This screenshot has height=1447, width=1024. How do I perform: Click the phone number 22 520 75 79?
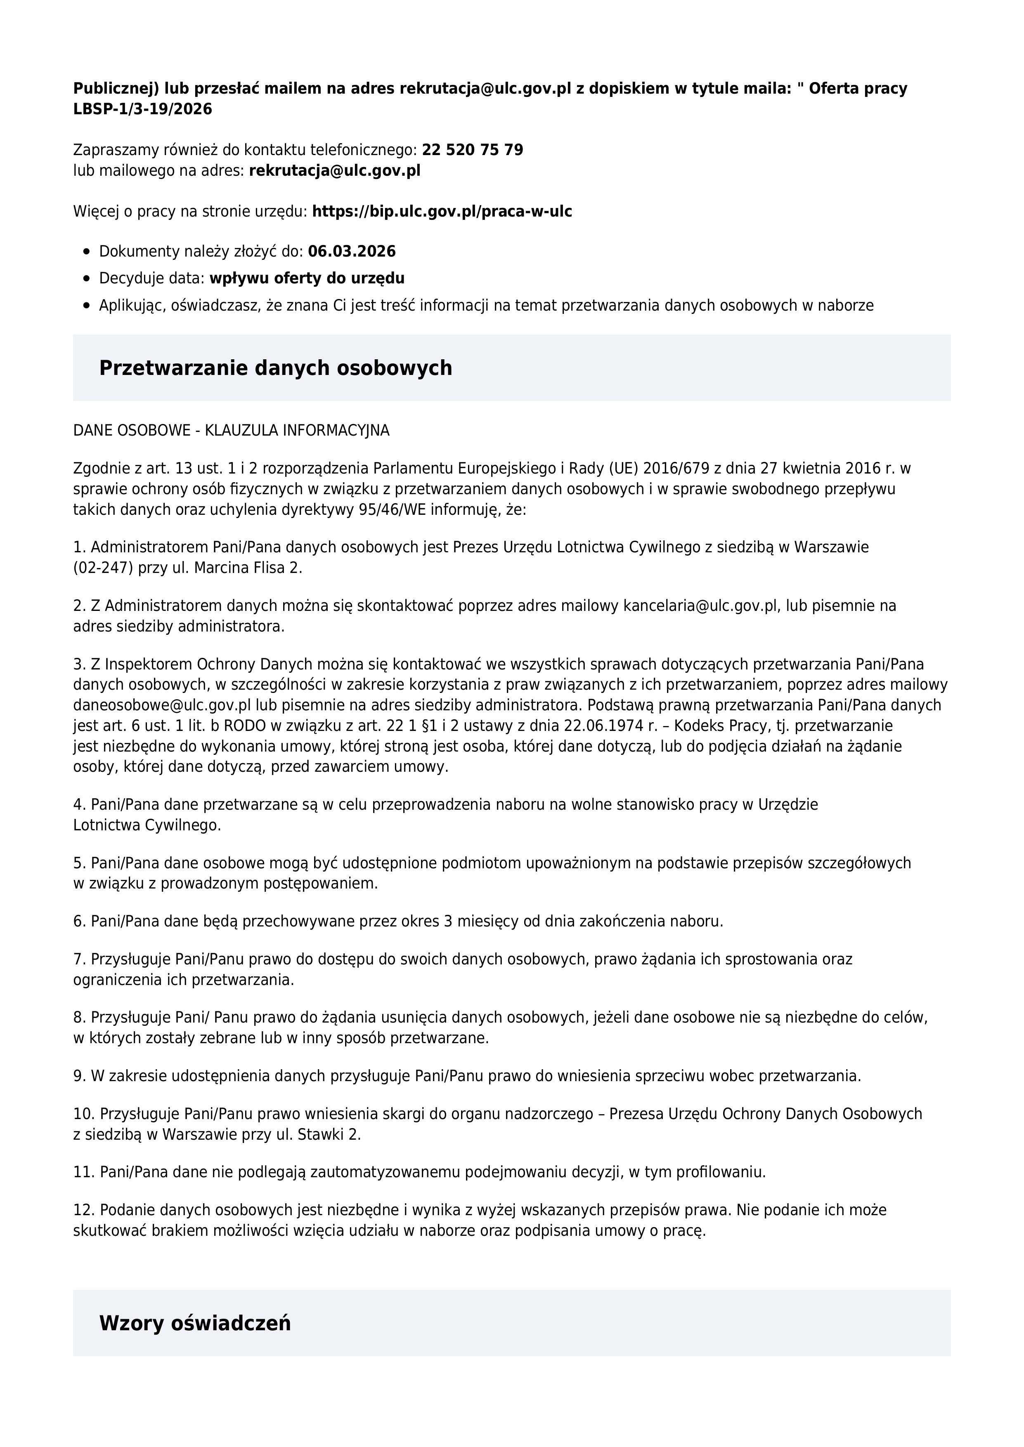click(x=472, y=150)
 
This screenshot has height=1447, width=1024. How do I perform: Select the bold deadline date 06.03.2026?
click(x=352, y=252)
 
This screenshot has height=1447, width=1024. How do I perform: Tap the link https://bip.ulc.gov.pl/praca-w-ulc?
click(x=442, y=211)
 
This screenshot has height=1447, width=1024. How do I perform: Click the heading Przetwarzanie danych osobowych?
click(x=276, y=368)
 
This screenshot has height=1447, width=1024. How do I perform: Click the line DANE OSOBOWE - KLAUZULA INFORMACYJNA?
click(x=232, y=431)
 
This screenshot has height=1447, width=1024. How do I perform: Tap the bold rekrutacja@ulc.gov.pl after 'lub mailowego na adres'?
click(x=335, y=170)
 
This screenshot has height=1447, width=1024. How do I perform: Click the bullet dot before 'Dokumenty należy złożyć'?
click(x=87, y=252)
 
